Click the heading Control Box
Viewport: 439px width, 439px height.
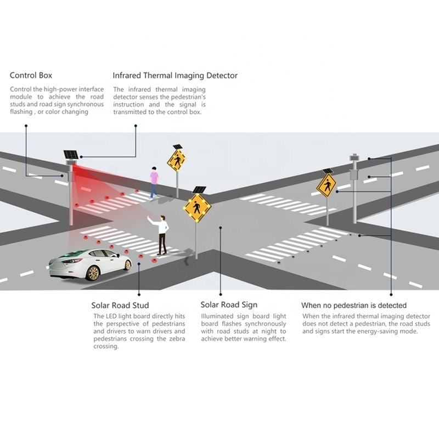pyautogui.click(x=31, y=75)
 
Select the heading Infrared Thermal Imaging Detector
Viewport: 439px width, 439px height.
pyautogui.click(x=175, y=76)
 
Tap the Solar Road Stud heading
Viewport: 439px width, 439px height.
pyautogui.click(x=120, y=305)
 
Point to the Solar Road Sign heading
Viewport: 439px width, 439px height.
pyautogui.click(x=229, y=305)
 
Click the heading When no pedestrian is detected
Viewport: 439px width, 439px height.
pyautogui.click(x=354, y=305)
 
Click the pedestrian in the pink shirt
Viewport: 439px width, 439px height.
pyautogui.click(x=154, y=183)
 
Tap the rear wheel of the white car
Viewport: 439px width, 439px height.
pyautogui.click(x=93, y=273)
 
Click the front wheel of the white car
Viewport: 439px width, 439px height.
pyautogui.click(x=128, y=264)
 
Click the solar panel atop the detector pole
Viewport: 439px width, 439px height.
pyautogui.click(x=71, y=155)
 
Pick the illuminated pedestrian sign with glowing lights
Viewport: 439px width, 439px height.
pyautogui.click(x=197, y=207)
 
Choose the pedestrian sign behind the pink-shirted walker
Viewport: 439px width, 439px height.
pyautogui.click(x=176, y=161)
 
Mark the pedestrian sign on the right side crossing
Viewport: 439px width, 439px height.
pyautogui.click(x=327, y=185)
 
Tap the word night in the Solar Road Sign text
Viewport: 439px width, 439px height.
pyautogui.click(x=269, y=332)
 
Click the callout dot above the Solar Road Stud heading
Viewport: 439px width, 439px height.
pyautogui.click(x=139, y=295)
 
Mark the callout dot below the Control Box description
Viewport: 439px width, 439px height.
pyautogui.click(x=26, y=126)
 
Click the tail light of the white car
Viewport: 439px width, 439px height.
pyautogui.click(x=74, y=261)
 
